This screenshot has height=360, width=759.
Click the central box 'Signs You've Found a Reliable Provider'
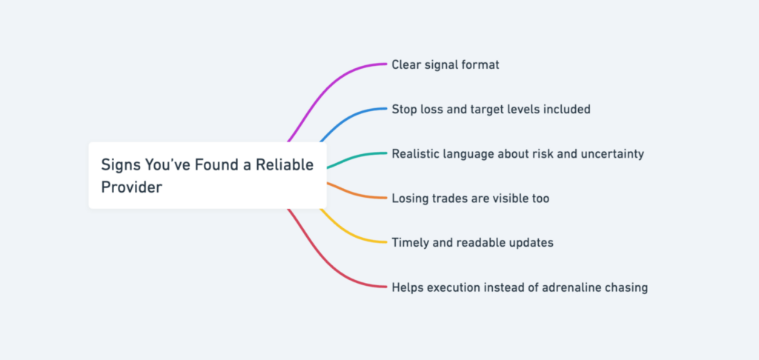click(x=208, y=176)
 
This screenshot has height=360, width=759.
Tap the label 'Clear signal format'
click(x=445, y=65)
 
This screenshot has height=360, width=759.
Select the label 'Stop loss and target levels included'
click(x=491, y=110)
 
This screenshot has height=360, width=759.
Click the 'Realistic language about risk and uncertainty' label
click(x=517, y=154)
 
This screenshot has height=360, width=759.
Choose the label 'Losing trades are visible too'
click(x=470, y=199)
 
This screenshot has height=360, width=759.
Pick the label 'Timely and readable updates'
click(x=472, y=242)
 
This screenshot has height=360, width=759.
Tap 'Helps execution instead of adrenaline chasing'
click(x=520, y=287)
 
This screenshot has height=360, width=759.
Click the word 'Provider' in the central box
click(x=131, y=187)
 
